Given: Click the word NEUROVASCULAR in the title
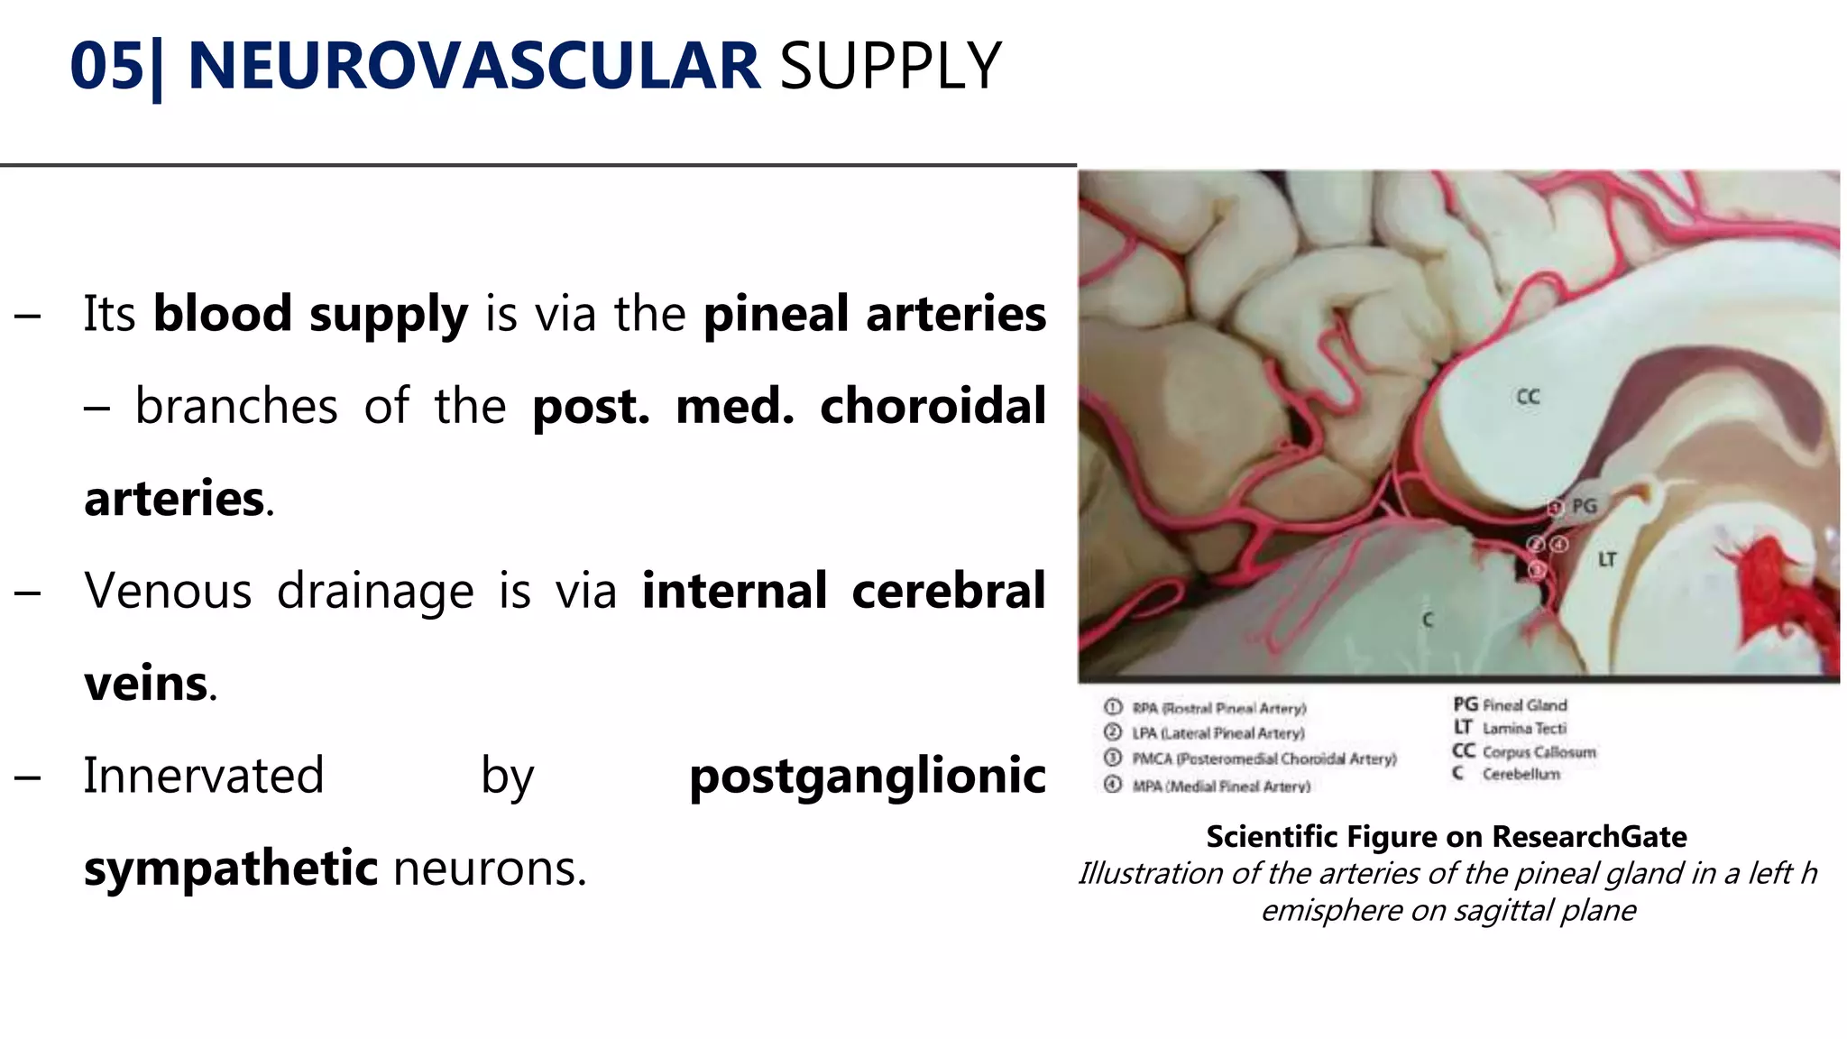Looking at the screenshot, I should [x=473, y=67].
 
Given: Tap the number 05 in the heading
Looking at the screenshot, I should [x=106, y=67].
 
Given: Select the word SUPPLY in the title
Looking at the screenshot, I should [x=890, y=67].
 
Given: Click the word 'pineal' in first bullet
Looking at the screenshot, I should [x=776, y=314].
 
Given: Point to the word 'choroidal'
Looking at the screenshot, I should [x=933, y=406].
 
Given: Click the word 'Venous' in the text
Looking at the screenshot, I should [x=168, y=591].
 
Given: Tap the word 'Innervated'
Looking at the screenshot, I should [x=204, y=776].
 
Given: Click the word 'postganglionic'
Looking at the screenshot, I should [x=867, y=776].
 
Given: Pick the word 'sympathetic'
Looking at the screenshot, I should [x=231, y=868].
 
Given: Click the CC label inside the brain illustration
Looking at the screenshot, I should [x=1528, y=397].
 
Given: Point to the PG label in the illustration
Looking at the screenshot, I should [x=1584, y=506].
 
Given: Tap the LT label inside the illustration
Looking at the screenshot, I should [x=1607, y=560].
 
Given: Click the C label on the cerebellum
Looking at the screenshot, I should [x=1427, y=621].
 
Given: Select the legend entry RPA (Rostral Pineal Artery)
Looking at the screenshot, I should [x=1218, y=708].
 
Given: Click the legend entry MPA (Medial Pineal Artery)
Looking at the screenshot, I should [x=1220, y=786].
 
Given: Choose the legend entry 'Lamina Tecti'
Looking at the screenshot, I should [x=1523, y=728].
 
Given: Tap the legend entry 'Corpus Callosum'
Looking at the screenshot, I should [x=1538, y=751].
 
